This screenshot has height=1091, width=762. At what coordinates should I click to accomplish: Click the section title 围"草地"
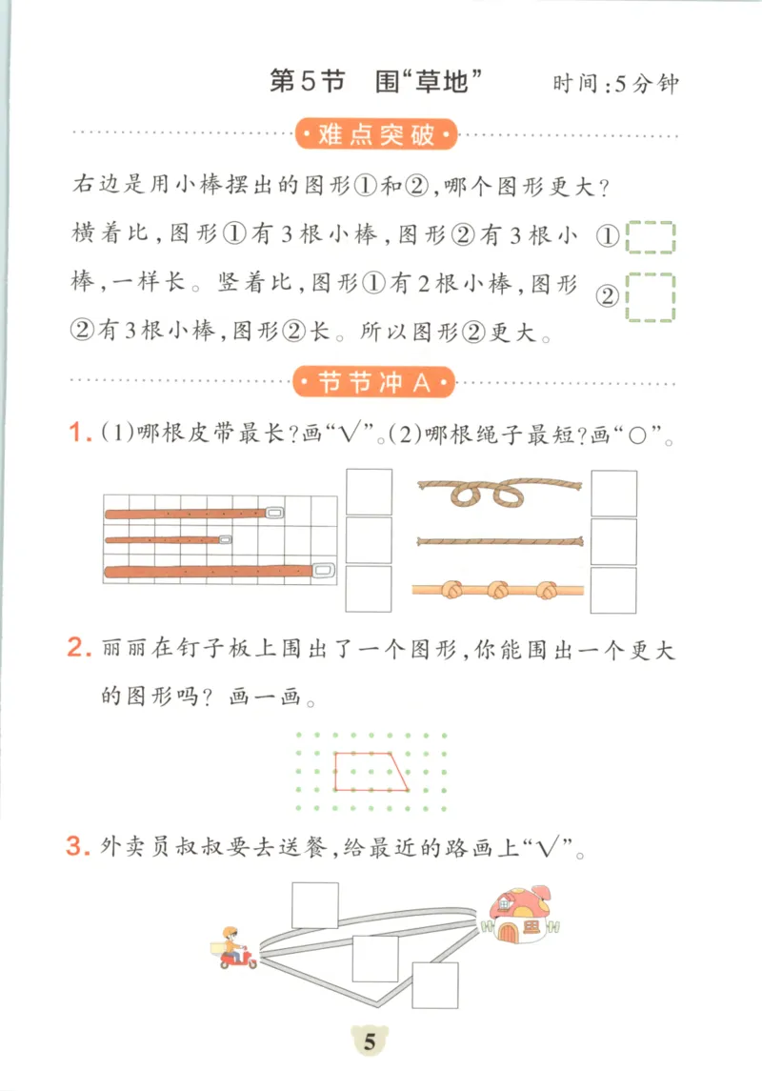[x=424, y=82]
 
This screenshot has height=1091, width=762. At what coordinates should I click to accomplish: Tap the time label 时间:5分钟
[x=615, y=84]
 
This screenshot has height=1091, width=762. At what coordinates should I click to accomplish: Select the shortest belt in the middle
[x=168, y=540]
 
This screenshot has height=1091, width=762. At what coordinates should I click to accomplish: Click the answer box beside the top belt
[x=369, y=492]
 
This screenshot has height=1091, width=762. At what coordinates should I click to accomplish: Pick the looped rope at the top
[x=500, y=491]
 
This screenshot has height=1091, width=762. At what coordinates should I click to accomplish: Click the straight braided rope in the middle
[x=500, y=541]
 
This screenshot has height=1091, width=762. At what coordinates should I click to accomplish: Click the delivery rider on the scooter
[x=234, y=948]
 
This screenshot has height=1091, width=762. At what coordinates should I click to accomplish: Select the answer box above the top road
[x=315, y=905]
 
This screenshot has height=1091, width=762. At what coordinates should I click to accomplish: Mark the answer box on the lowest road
[x=434, y=985]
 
